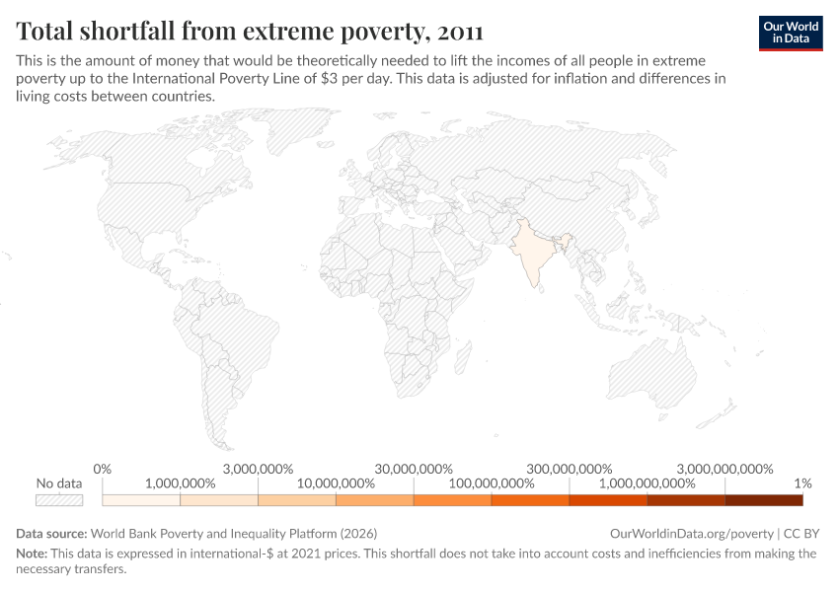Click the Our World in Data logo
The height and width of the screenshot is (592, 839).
pos(790,32)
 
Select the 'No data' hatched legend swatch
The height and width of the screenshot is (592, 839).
pos(59,500)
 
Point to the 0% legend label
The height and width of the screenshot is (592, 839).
pos(102,468)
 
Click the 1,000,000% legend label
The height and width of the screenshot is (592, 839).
pos(180,483)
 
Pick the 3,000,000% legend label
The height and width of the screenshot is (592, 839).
pos(258,468)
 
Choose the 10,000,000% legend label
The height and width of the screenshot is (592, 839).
pos(336,483)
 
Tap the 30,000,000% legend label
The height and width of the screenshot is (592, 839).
pos(414,468)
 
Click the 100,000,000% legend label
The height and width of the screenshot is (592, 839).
pos(491,483)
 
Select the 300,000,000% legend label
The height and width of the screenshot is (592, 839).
pos(569,468)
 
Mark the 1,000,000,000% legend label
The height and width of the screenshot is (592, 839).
pos(647,483)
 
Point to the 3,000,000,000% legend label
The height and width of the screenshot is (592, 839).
pos(725,468)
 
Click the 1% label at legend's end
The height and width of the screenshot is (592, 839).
pos(802,483)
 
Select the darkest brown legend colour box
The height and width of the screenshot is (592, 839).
pos(764,500)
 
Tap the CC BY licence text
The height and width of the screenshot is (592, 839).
pos(801,533)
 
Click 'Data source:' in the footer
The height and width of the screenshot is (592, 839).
pos(51,533)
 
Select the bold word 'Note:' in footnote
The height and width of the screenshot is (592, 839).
pos(34,554)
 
